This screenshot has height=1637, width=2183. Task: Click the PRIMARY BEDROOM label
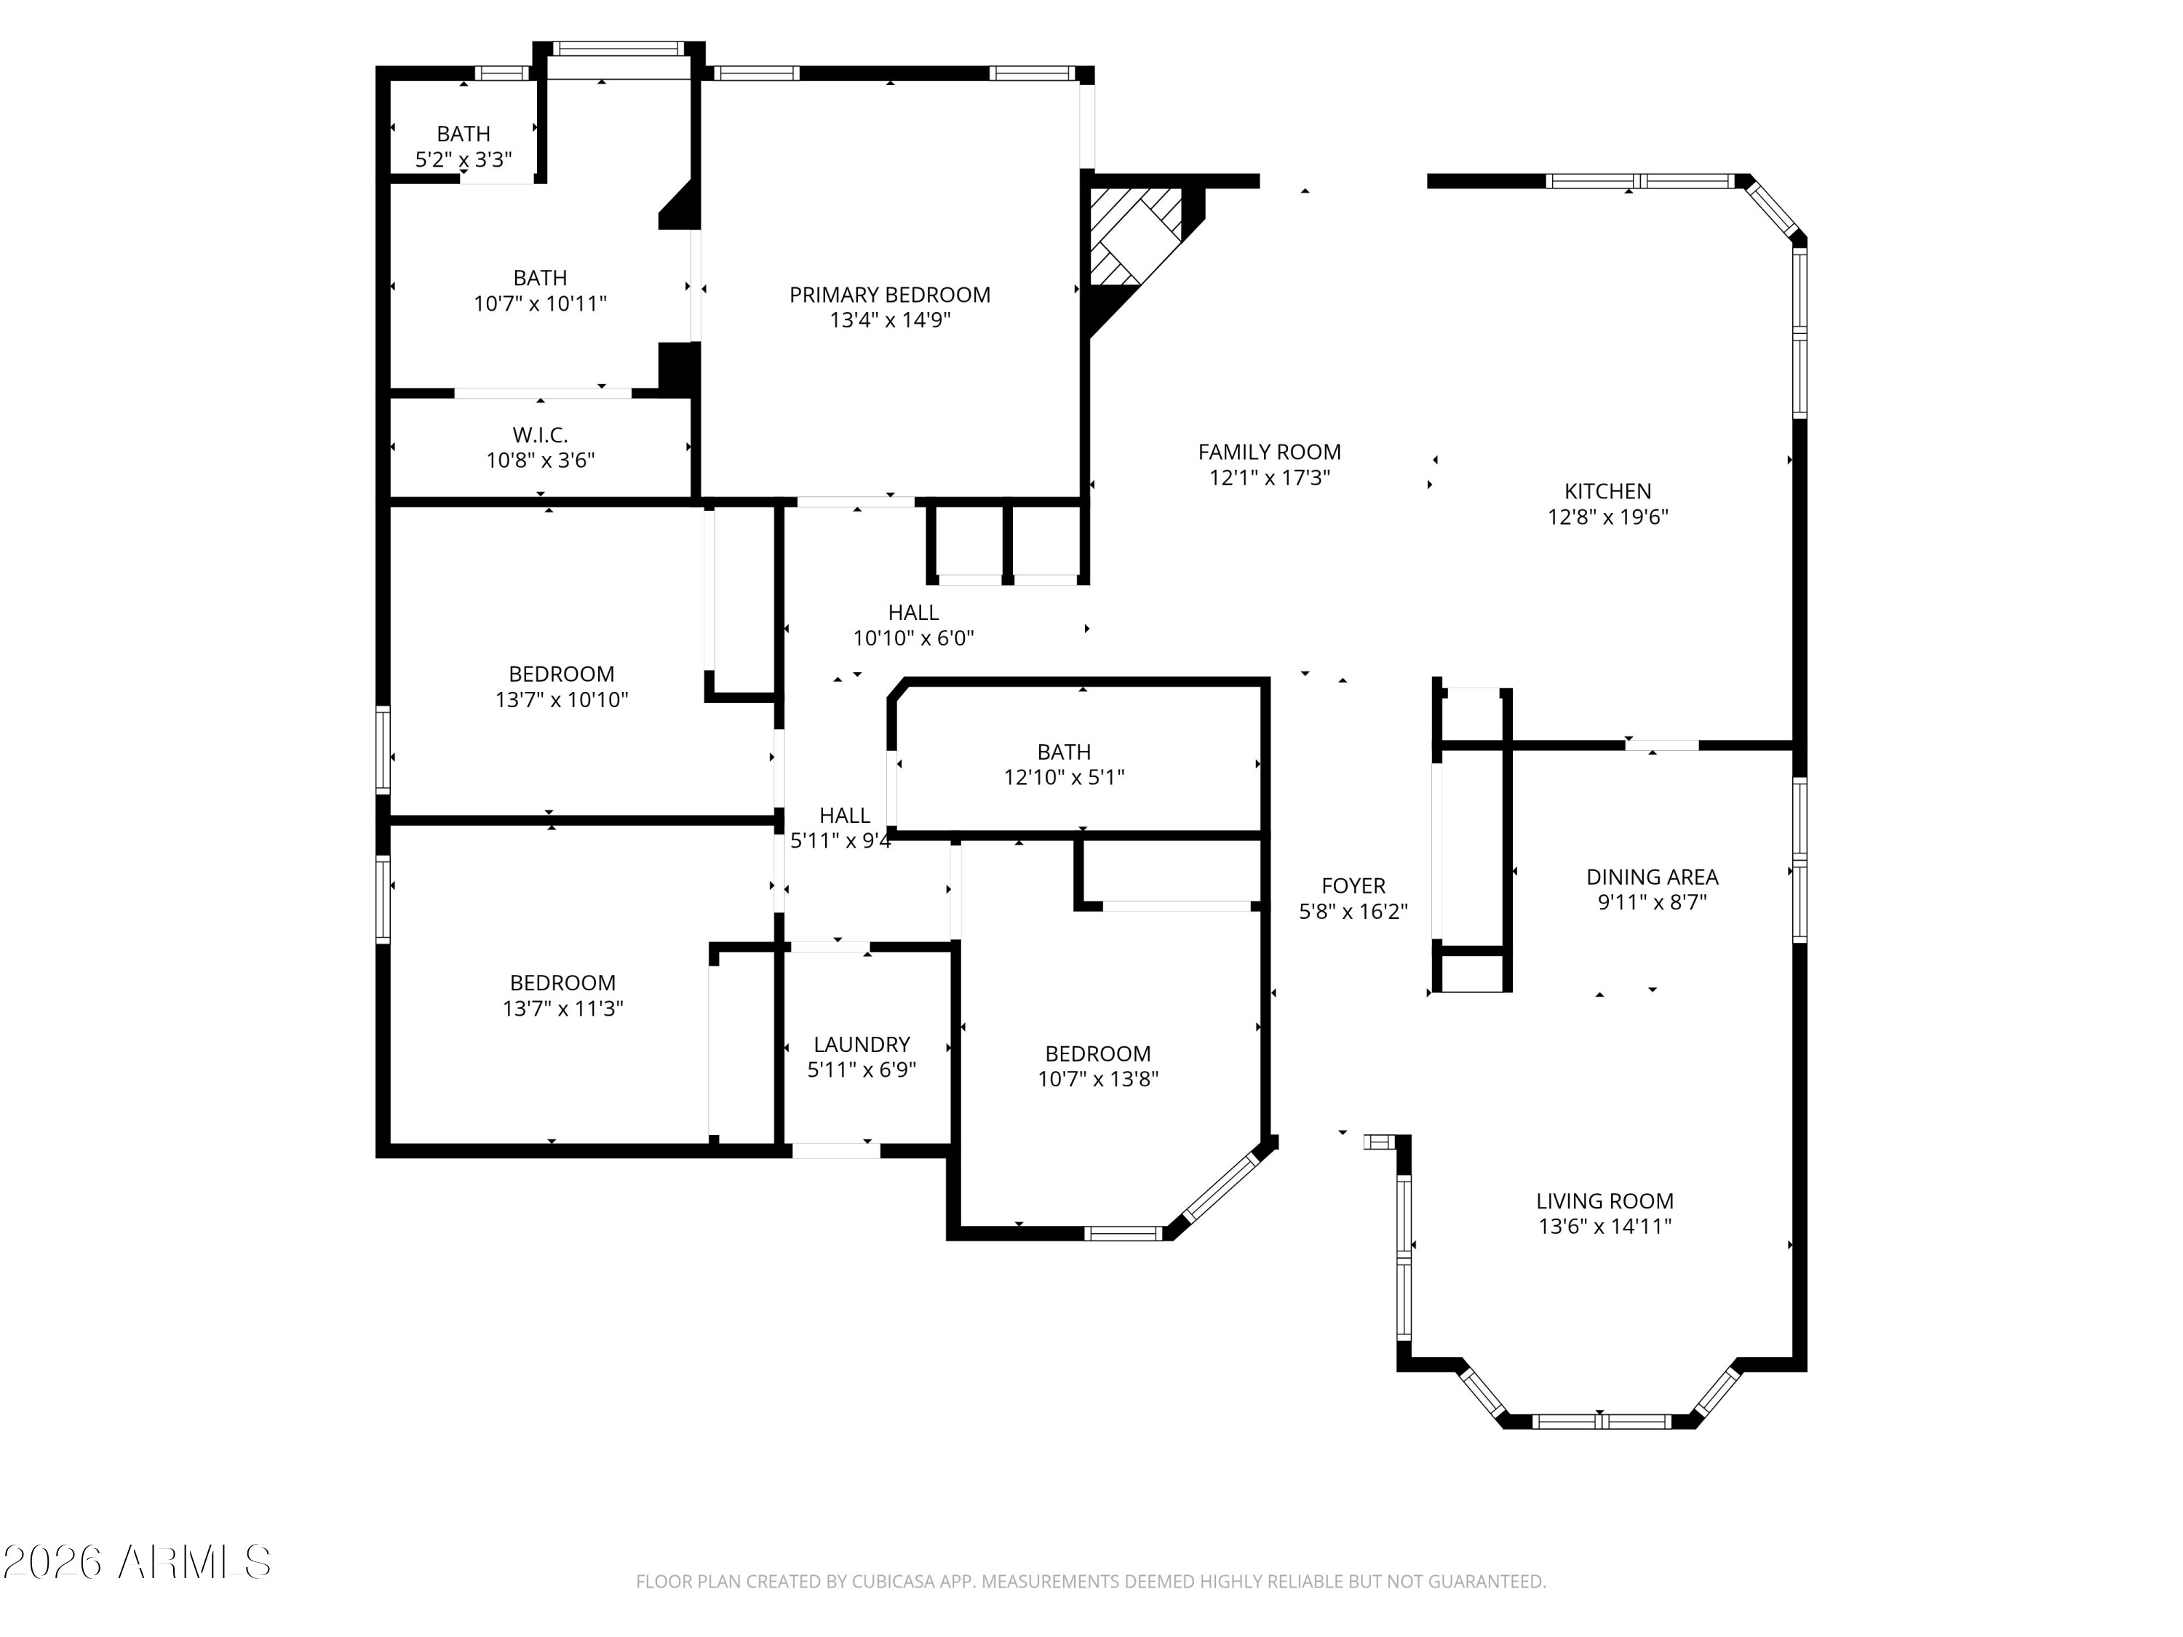[x=889, y=294]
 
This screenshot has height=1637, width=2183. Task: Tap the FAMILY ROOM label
[x=1269, y=452]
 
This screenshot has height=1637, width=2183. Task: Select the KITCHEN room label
[x=1607, y=490]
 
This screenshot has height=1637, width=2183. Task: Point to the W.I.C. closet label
[x=540, y=434]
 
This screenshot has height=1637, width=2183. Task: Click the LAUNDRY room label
[x=862, y=1044]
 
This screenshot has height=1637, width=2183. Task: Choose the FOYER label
[x=1353, y=885]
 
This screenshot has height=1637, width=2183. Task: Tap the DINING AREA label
[x=1652, y=876]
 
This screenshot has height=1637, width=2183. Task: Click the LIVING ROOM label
[x=1605, y=1201]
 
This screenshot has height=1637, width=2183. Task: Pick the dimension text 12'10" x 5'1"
[x=1064, y=776]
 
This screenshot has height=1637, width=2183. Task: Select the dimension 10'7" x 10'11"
[x=540, y=303]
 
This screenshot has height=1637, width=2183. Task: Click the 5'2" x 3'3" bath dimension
[x=463, y=159]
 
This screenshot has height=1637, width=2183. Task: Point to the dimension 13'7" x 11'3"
[x=562, y=1008]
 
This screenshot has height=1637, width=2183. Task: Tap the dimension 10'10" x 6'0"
[x=913, y=637]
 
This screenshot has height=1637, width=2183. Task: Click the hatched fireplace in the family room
[x=1135, y=236]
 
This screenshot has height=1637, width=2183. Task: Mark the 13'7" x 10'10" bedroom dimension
[x=562, y=698]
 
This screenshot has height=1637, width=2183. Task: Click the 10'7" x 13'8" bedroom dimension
[x=1097, y=1078]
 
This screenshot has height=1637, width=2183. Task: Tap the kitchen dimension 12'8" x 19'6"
[x=1607, y=516]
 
